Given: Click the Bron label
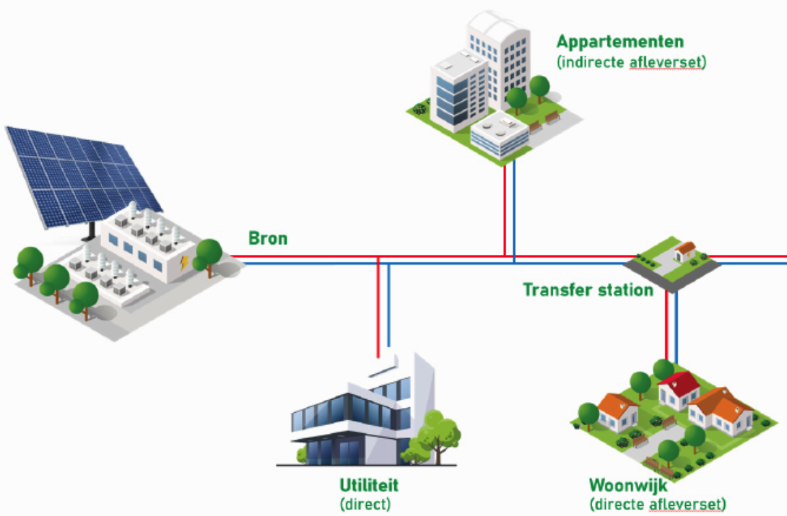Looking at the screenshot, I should pos(268,239).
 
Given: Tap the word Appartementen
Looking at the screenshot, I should pos(620,42).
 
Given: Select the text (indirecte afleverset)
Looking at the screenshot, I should pos(631,62).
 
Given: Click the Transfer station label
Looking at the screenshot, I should pos(588,290).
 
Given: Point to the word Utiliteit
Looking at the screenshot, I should pos(369,486).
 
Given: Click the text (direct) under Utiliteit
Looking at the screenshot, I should pos(365,505).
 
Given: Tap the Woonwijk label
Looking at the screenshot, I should pos(619,486).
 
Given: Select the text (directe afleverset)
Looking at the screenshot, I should pos(657,505).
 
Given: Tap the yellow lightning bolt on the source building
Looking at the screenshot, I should pos(184,263).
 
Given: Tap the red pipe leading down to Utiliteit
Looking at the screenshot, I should pos(378,308).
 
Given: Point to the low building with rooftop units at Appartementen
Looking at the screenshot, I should pos(499,133).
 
